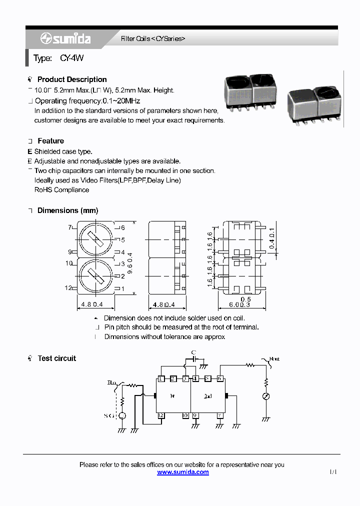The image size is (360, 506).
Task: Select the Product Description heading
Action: [72, 79]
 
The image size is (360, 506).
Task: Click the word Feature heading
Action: [50, 141]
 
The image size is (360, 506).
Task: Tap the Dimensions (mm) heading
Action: [67, 210]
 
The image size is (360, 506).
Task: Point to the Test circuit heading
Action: [56, 358]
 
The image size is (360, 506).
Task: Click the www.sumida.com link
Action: [182, 472]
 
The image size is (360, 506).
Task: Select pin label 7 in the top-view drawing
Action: [70, 227]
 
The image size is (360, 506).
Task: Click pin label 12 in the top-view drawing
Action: [68, 288]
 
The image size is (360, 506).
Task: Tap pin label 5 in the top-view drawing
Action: [123, 240]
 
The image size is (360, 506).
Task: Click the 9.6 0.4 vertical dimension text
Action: [130, 257]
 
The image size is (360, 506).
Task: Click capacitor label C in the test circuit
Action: [193, 352]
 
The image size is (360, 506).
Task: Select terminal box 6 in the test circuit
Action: [219, 379]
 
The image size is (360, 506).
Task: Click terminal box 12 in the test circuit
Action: [161, 415]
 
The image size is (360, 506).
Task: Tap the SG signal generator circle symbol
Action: [122, 415]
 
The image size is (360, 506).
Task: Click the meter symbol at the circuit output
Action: [266, 396]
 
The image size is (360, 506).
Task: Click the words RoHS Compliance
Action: [61, 190]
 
